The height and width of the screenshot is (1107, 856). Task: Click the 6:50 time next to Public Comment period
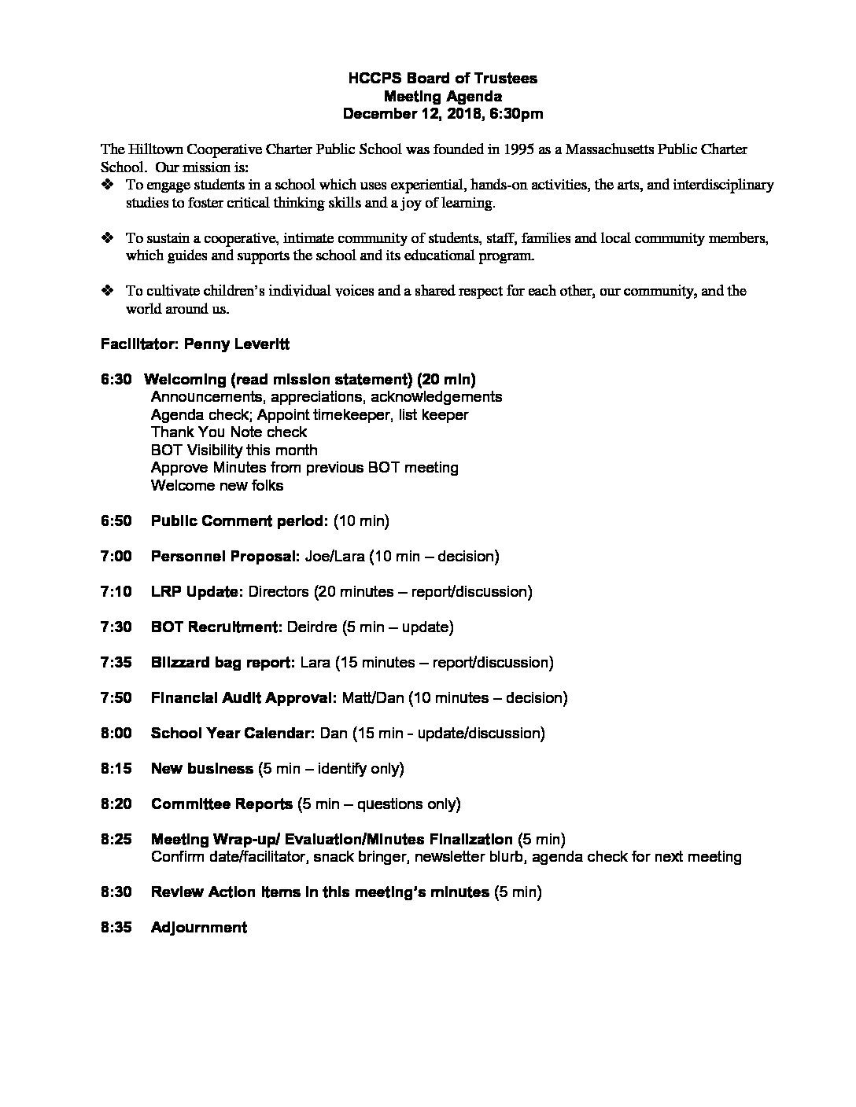tap(116, 521)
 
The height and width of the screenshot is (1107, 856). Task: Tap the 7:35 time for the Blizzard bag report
tap(116, 663)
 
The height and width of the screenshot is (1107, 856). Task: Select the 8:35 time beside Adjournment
tap(116, 928)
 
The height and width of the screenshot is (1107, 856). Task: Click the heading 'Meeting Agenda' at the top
tap(443, 96)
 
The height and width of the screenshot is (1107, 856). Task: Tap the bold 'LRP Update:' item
tap(197, 592)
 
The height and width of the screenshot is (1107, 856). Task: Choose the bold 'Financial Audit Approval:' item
tap(244, 698)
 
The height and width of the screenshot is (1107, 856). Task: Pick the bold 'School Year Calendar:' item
tap(233, 734)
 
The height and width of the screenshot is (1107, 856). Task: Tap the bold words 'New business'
tap(201, 769)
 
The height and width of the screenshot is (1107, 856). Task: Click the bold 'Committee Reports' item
tap(221, 804)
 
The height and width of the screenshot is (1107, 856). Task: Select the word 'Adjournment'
tap(199, 928)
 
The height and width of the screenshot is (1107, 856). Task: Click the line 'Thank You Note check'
tap(229, 432)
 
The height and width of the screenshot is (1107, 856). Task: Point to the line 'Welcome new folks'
tap(217, 486)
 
